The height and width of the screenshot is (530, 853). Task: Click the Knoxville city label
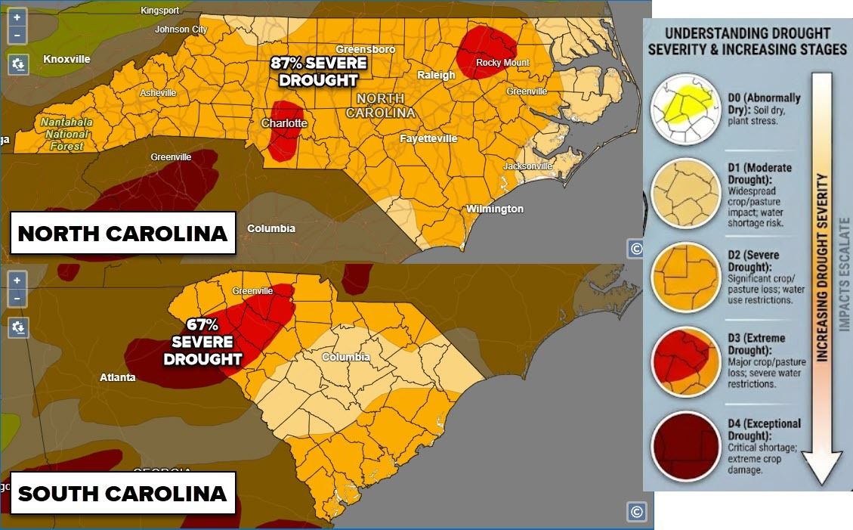coord(66,59)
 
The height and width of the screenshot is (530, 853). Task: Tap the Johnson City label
coord(181,29)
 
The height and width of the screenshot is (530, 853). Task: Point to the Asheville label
coord(158,93)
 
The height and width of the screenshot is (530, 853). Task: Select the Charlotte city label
coord(284,123)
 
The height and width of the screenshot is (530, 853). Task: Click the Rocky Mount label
coord(502,63)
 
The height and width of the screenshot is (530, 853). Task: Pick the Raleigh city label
coord(437,75)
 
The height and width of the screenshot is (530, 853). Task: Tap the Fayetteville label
coord(428,139)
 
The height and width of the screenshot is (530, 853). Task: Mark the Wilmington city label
coord(495,209)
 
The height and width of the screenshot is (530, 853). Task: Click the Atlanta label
coord(118,377)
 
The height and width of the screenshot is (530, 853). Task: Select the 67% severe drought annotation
coord(202,342)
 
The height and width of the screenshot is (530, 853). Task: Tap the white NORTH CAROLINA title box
coord(122,234)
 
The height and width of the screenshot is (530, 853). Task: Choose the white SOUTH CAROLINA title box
coord(122,494)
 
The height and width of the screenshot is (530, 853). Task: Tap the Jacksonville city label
coord(529,166)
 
